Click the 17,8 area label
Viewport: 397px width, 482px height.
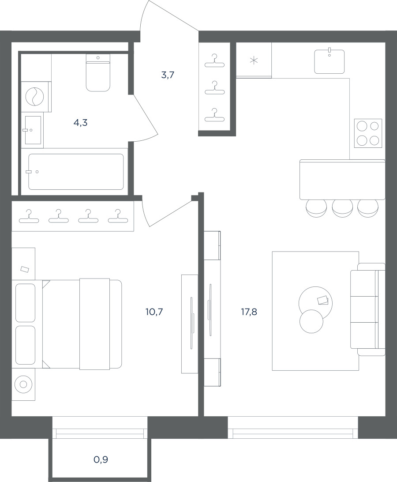click(x=249, y=312)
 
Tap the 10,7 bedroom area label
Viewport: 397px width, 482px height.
click(x=154, y=312)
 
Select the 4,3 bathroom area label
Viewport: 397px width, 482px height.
click(x=81, y=123)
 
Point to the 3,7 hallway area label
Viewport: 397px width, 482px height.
click(x=168, y=75)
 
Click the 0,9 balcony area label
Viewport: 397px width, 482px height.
click(x=101, y=460)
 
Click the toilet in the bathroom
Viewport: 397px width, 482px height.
click(x=98, y=73)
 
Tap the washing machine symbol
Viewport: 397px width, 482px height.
click(x=34, y=96)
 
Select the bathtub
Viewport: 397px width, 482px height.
click(x=76, y=172)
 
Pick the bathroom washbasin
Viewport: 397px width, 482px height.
click(x=33, y=130)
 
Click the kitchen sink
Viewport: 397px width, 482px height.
click(x=330, y=62)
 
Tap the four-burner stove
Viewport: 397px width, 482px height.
click(x=368, y=133)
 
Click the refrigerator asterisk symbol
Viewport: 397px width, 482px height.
click(x=254, y=60)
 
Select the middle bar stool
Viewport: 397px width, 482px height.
click(x=342, y=209)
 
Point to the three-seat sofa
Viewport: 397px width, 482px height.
click(x=368, y=309)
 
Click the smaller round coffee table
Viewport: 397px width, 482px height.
click(x=311, y=321)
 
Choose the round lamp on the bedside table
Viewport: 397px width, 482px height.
click(x=23, y=384)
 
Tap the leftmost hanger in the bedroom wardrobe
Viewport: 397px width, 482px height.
click(x=29, y=216)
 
